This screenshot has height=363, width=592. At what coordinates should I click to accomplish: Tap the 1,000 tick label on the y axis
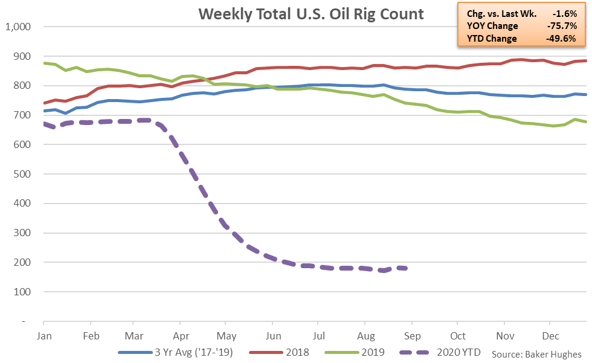tap(21, 27)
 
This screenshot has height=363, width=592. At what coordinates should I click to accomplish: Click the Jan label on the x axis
tap(43, 335)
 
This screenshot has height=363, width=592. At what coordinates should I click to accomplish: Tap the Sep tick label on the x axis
tap(411, 335)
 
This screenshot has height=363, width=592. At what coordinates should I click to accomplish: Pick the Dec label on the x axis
tap(550, 335)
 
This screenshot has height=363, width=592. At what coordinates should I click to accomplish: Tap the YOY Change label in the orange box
tap(492, 26)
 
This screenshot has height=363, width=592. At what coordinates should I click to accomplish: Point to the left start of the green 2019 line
tap(44, 63)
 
